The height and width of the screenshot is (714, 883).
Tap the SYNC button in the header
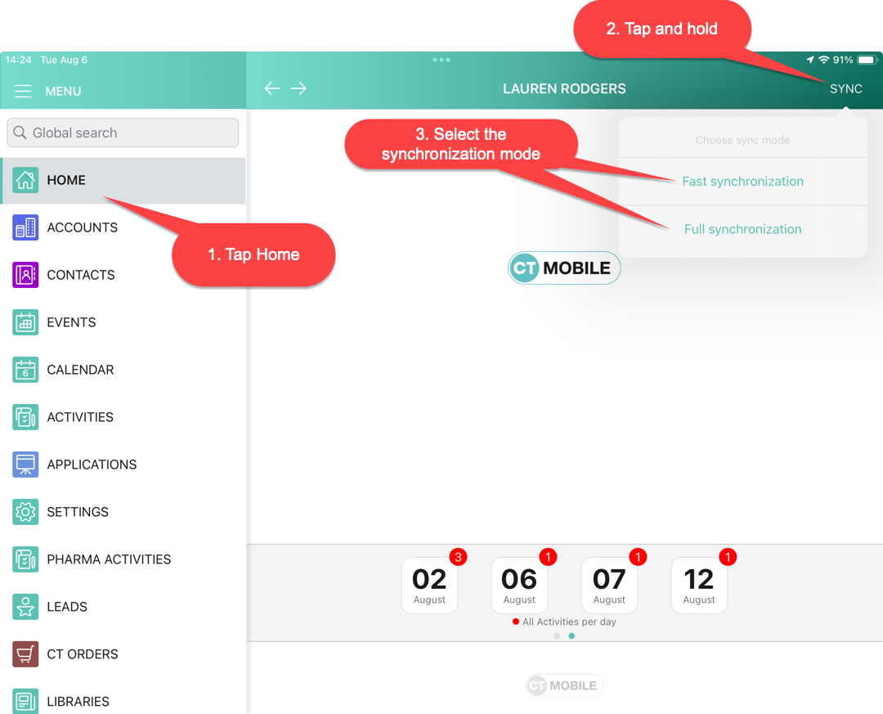(x=845, y=89)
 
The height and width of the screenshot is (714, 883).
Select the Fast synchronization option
(x=742, y=182)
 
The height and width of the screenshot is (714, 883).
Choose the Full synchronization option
(x=742, y=229)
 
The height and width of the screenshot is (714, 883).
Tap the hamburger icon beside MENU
(x=23, y=91)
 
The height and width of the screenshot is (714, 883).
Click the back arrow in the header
(x=272, y=88)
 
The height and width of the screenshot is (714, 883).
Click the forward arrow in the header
(x=298, y=88)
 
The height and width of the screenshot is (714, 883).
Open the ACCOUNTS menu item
(x=82, y=227)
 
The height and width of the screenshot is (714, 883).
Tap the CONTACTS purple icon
(x=25, y=275)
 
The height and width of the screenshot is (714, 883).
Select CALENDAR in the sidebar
(x=80, y=370)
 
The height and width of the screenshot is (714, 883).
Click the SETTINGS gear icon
(x=25, y=512)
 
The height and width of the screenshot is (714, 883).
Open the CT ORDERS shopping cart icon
(x=25, y=654)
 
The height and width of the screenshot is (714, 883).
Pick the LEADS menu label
(x=67, y=607)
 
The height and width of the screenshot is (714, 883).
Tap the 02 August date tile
(x=429, y=586)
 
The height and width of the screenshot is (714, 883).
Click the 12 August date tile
(x=699, y=586)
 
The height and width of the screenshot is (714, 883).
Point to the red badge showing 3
(x=458, y=558)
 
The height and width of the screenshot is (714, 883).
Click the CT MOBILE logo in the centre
(x=564, y=268)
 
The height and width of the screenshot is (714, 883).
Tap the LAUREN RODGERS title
(x=564, y=89)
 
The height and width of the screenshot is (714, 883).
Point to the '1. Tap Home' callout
(x=253, y=254)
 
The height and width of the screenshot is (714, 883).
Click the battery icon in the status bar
(x=866, y=60)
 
